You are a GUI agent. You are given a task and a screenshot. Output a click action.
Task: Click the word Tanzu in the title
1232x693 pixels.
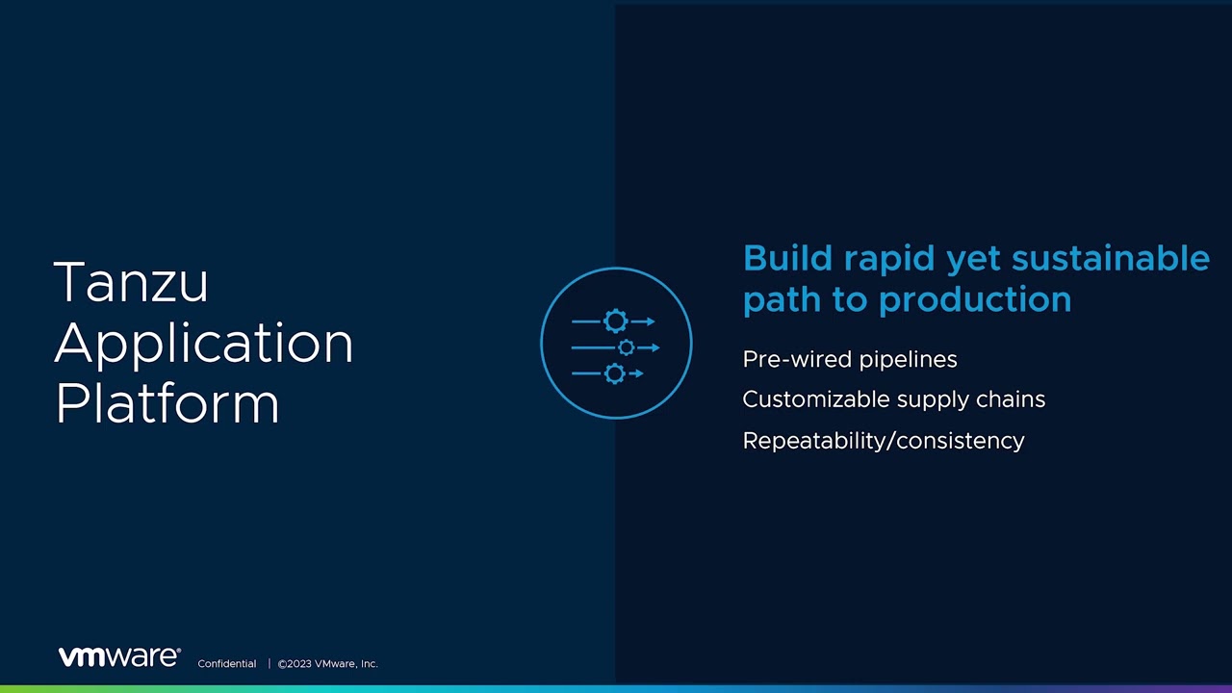[x=131, y=283]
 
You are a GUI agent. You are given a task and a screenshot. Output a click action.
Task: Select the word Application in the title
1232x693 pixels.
[x=203, y=344]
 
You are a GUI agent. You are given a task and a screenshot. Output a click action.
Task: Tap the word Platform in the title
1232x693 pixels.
[x=167, y=403]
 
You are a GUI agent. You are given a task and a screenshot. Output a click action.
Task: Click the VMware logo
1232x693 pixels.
[x=119, y=656]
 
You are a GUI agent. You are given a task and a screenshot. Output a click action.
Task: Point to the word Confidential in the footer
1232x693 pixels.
[x=226, y=664]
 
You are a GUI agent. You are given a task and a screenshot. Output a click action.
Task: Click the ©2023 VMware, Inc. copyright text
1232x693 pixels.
[x=328, y=664]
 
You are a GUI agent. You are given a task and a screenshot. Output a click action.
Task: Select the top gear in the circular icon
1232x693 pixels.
[x=615, y=321]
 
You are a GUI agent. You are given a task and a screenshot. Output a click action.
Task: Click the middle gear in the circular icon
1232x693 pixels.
[x=627, y=347]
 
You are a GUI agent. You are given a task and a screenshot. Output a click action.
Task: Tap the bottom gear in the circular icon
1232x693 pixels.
[x=615, y=373]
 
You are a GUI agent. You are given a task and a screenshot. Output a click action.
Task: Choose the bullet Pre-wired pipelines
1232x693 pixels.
[x=850, y=359]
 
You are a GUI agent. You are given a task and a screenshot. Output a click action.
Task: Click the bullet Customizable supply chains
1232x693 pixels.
[x=893, y=399]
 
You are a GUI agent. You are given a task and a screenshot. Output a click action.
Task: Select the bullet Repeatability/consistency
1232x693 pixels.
[x=884, y=441]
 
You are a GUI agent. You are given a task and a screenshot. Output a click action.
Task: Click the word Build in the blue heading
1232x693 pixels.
[x=786, y=259]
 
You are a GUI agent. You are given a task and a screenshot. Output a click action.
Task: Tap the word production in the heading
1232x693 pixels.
[x=975, y=300]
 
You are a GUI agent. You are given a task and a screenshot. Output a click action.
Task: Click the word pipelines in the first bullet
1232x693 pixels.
[x=909, y=360]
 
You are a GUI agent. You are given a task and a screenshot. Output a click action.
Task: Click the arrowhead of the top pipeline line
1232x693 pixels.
[x=651, y=321]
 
